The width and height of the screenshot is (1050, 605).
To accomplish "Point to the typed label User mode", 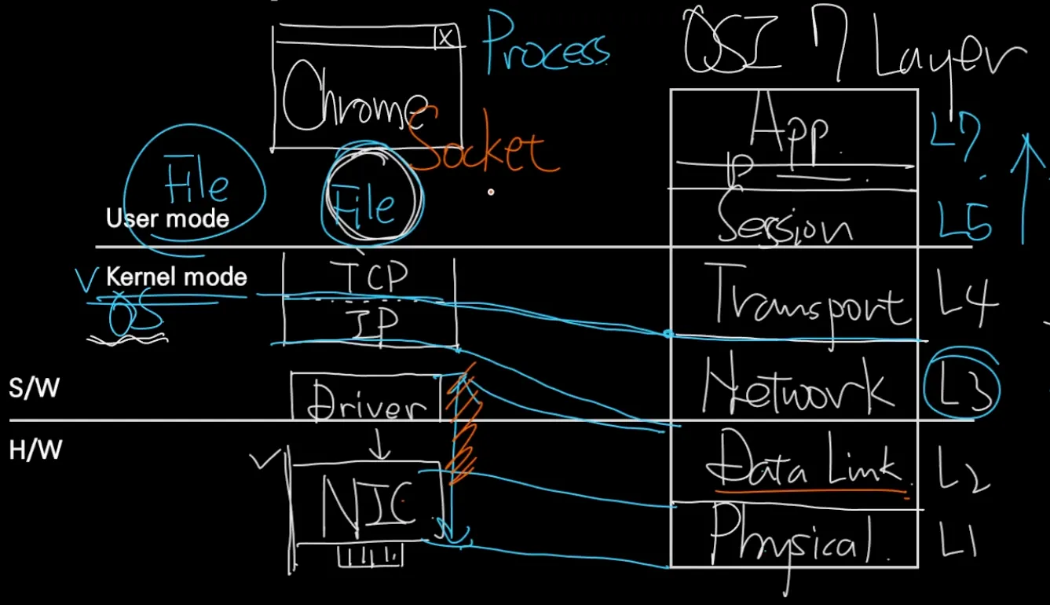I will (167, 218).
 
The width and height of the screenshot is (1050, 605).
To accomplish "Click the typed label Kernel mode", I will (176, 277).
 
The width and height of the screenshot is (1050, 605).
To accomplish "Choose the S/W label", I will (34, 387).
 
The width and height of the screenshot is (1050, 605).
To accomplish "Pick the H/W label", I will (35, 450).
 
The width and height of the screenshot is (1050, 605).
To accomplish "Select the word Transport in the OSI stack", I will (809, 302).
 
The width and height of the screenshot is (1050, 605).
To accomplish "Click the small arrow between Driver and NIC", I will (379, 446).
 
